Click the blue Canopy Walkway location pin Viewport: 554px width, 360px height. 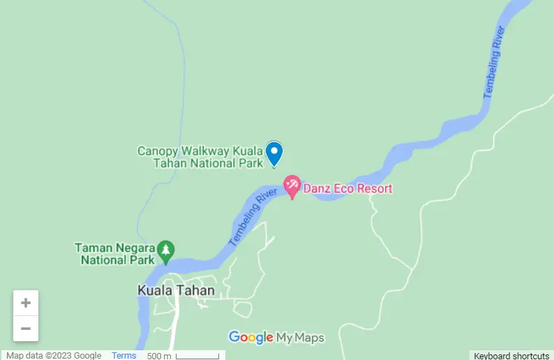point(274,153)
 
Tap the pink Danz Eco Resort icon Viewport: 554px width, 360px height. point(292,186)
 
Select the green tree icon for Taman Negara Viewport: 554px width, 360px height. point(165,250)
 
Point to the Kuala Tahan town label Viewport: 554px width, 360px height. point(176,290)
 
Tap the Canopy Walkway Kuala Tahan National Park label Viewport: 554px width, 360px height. point(200,157)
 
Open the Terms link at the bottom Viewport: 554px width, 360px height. point(124,356)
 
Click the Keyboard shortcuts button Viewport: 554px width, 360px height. point(511,356)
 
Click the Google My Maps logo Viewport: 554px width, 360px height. point(276,338)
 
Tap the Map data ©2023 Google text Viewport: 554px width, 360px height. point(54,356)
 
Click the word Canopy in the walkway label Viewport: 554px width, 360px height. point(158,151)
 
